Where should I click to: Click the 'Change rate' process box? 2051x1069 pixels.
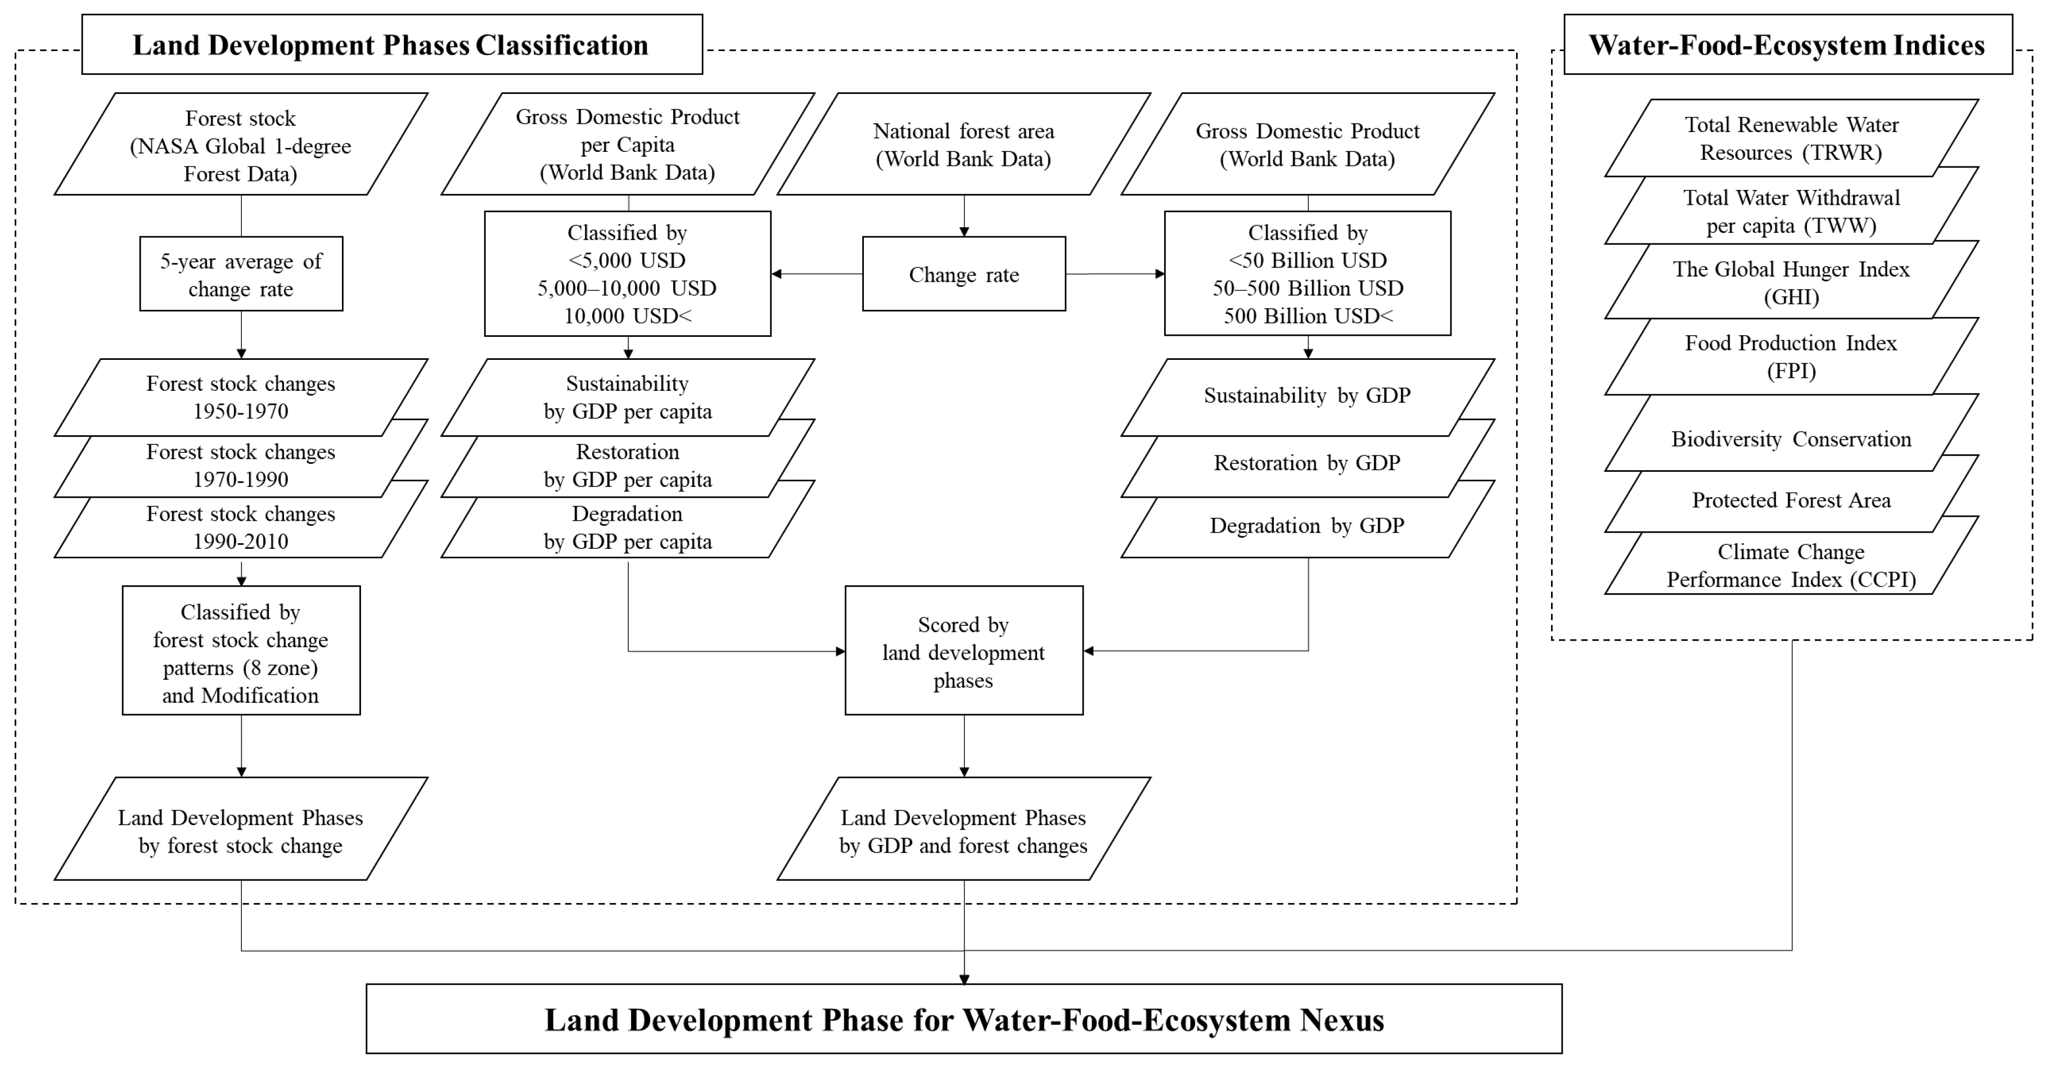coord(963,274)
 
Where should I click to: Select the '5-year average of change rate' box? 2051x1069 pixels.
coord(241,274)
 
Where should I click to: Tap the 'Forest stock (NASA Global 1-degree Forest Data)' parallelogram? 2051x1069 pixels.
coord(241,145)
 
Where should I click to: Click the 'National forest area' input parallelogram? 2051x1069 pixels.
coord(963,145)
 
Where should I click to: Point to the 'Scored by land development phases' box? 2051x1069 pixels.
coord(963,651)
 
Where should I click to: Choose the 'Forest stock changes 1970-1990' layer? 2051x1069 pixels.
coord(241,466)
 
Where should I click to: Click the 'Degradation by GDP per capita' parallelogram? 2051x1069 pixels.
coord(628,527)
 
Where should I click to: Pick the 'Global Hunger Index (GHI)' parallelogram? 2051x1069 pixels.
coord(1791,282)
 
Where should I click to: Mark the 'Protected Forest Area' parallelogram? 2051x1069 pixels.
coord(1791,500)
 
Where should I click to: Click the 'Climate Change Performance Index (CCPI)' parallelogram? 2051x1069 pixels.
coord(1791,566)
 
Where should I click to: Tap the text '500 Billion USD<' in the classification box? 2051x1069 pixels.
coord(1308,316)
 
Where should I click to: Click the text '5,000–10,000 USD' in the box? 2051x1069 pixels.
coord(628,288)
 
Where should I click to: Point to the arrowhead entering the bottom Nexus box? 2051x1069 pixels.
coord(963,979)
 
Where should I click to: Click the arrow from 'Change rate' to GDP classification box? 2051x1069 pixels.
coord(1115,274)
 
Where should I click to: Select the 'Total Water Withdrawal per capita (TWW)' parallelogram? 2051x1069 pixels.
coord(1791,211)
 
